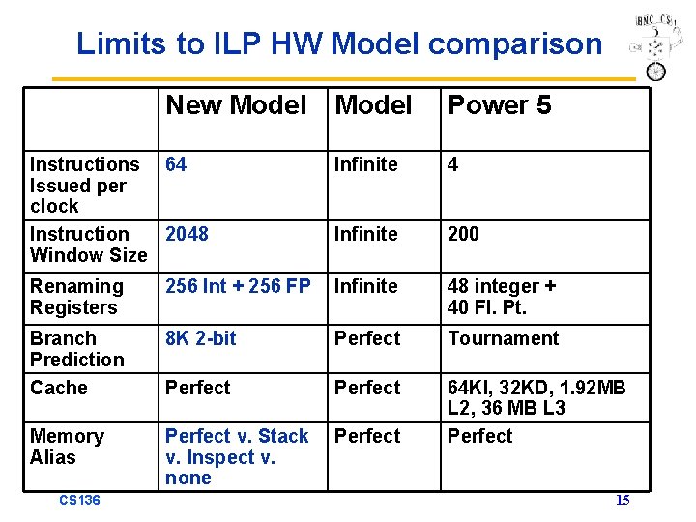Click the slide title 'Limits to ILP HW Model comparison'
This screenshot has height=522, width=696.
pyautogui.click(x=338, y=43)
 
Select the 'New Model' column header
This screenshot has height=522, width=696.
pyautogui.click(x=236, y=104)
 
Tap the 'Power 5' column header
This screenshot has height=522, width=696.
pyautogui.click(x=499, y=104)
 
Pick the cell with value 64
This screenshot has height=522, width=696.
pyautogui.click(x=176, y=164)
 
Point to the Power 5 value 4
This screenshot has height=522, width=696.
pyautogui.click(x=452, y=164)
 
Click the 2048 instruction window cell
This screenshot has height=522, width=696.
pyautogui.click(x=187, y=234)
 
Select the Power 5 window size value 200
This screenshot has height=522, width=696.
pyautogui.click(x=463, y=234)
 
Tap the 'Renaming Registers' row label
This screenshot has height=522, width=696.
pyautogui.click(x=76, y=297)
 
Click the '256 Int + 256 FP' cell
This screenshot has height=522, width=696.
pyautogui.click(x=238, y=286)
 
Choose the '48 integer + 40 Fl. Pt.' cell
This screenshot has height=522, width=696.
pyautogui.click(x=501, y=297)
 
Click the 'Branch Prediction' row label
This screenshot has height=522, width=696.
pyautogui.click(x=77, y=349)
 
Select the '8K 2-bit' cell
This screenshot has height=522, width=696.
pyautogui.click(x=200, y=338)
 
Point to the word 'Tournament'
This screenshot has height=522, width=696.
pyautogui.click(x=503, y=338)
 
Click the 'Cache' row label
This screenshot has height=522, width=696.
pyautogui.click(x=59, y=388)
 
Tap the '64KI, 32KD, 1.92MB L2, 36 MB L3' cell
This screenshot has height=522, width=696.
pyautogui.click(x=536, y=397)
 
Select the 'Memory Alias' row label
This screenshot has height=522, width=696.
pyautogui.click(x=67, y=447)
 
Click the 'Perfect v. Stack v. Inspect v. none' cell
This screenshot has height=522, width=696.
pyautogui.click(x=236, y=456)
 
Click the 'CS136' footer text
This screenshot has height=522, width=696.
pyautogui.click(x=79, y=500)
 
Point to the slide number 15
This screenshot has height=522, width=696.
pyautogui.click(x=623, y=500)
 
